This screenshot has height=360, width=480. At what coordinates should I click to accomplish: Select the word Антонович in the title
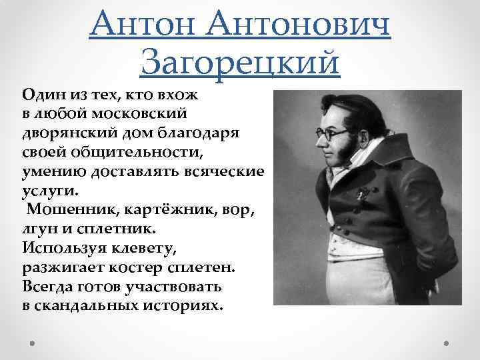coord(299,25)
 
